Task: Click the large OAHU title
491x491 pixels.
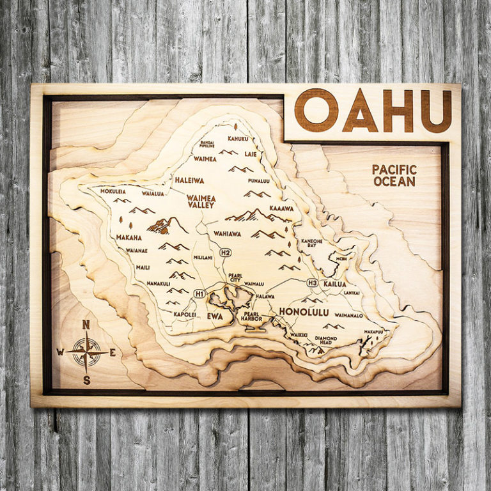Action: [373, 110]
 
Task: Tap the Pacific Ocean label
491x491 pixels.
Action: [394, 175]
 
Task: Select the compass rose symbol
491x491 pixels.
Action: [86, 351]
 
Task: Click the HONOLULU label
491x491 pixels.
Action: [304, 311]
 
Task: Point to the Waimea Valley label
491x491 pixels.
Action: [201, 202]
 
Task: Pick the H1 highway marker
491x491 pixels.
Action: [200, 293]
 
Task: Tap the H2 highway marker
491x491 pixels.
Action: [225, 253]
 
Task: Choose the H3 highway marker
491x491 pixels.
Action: [313, 283]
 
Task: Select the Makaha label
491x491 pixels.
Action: [129, 238]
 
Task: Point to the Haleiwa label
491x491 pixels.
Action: [189, 180]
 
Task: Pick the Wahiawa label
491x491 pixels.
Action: [228, 233]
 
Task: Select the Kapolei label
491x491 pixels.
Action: [185, 315]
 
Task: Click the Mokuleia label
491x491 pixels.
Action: [113, 191]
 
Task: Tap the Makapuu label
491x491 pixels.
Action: [373, 332]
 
